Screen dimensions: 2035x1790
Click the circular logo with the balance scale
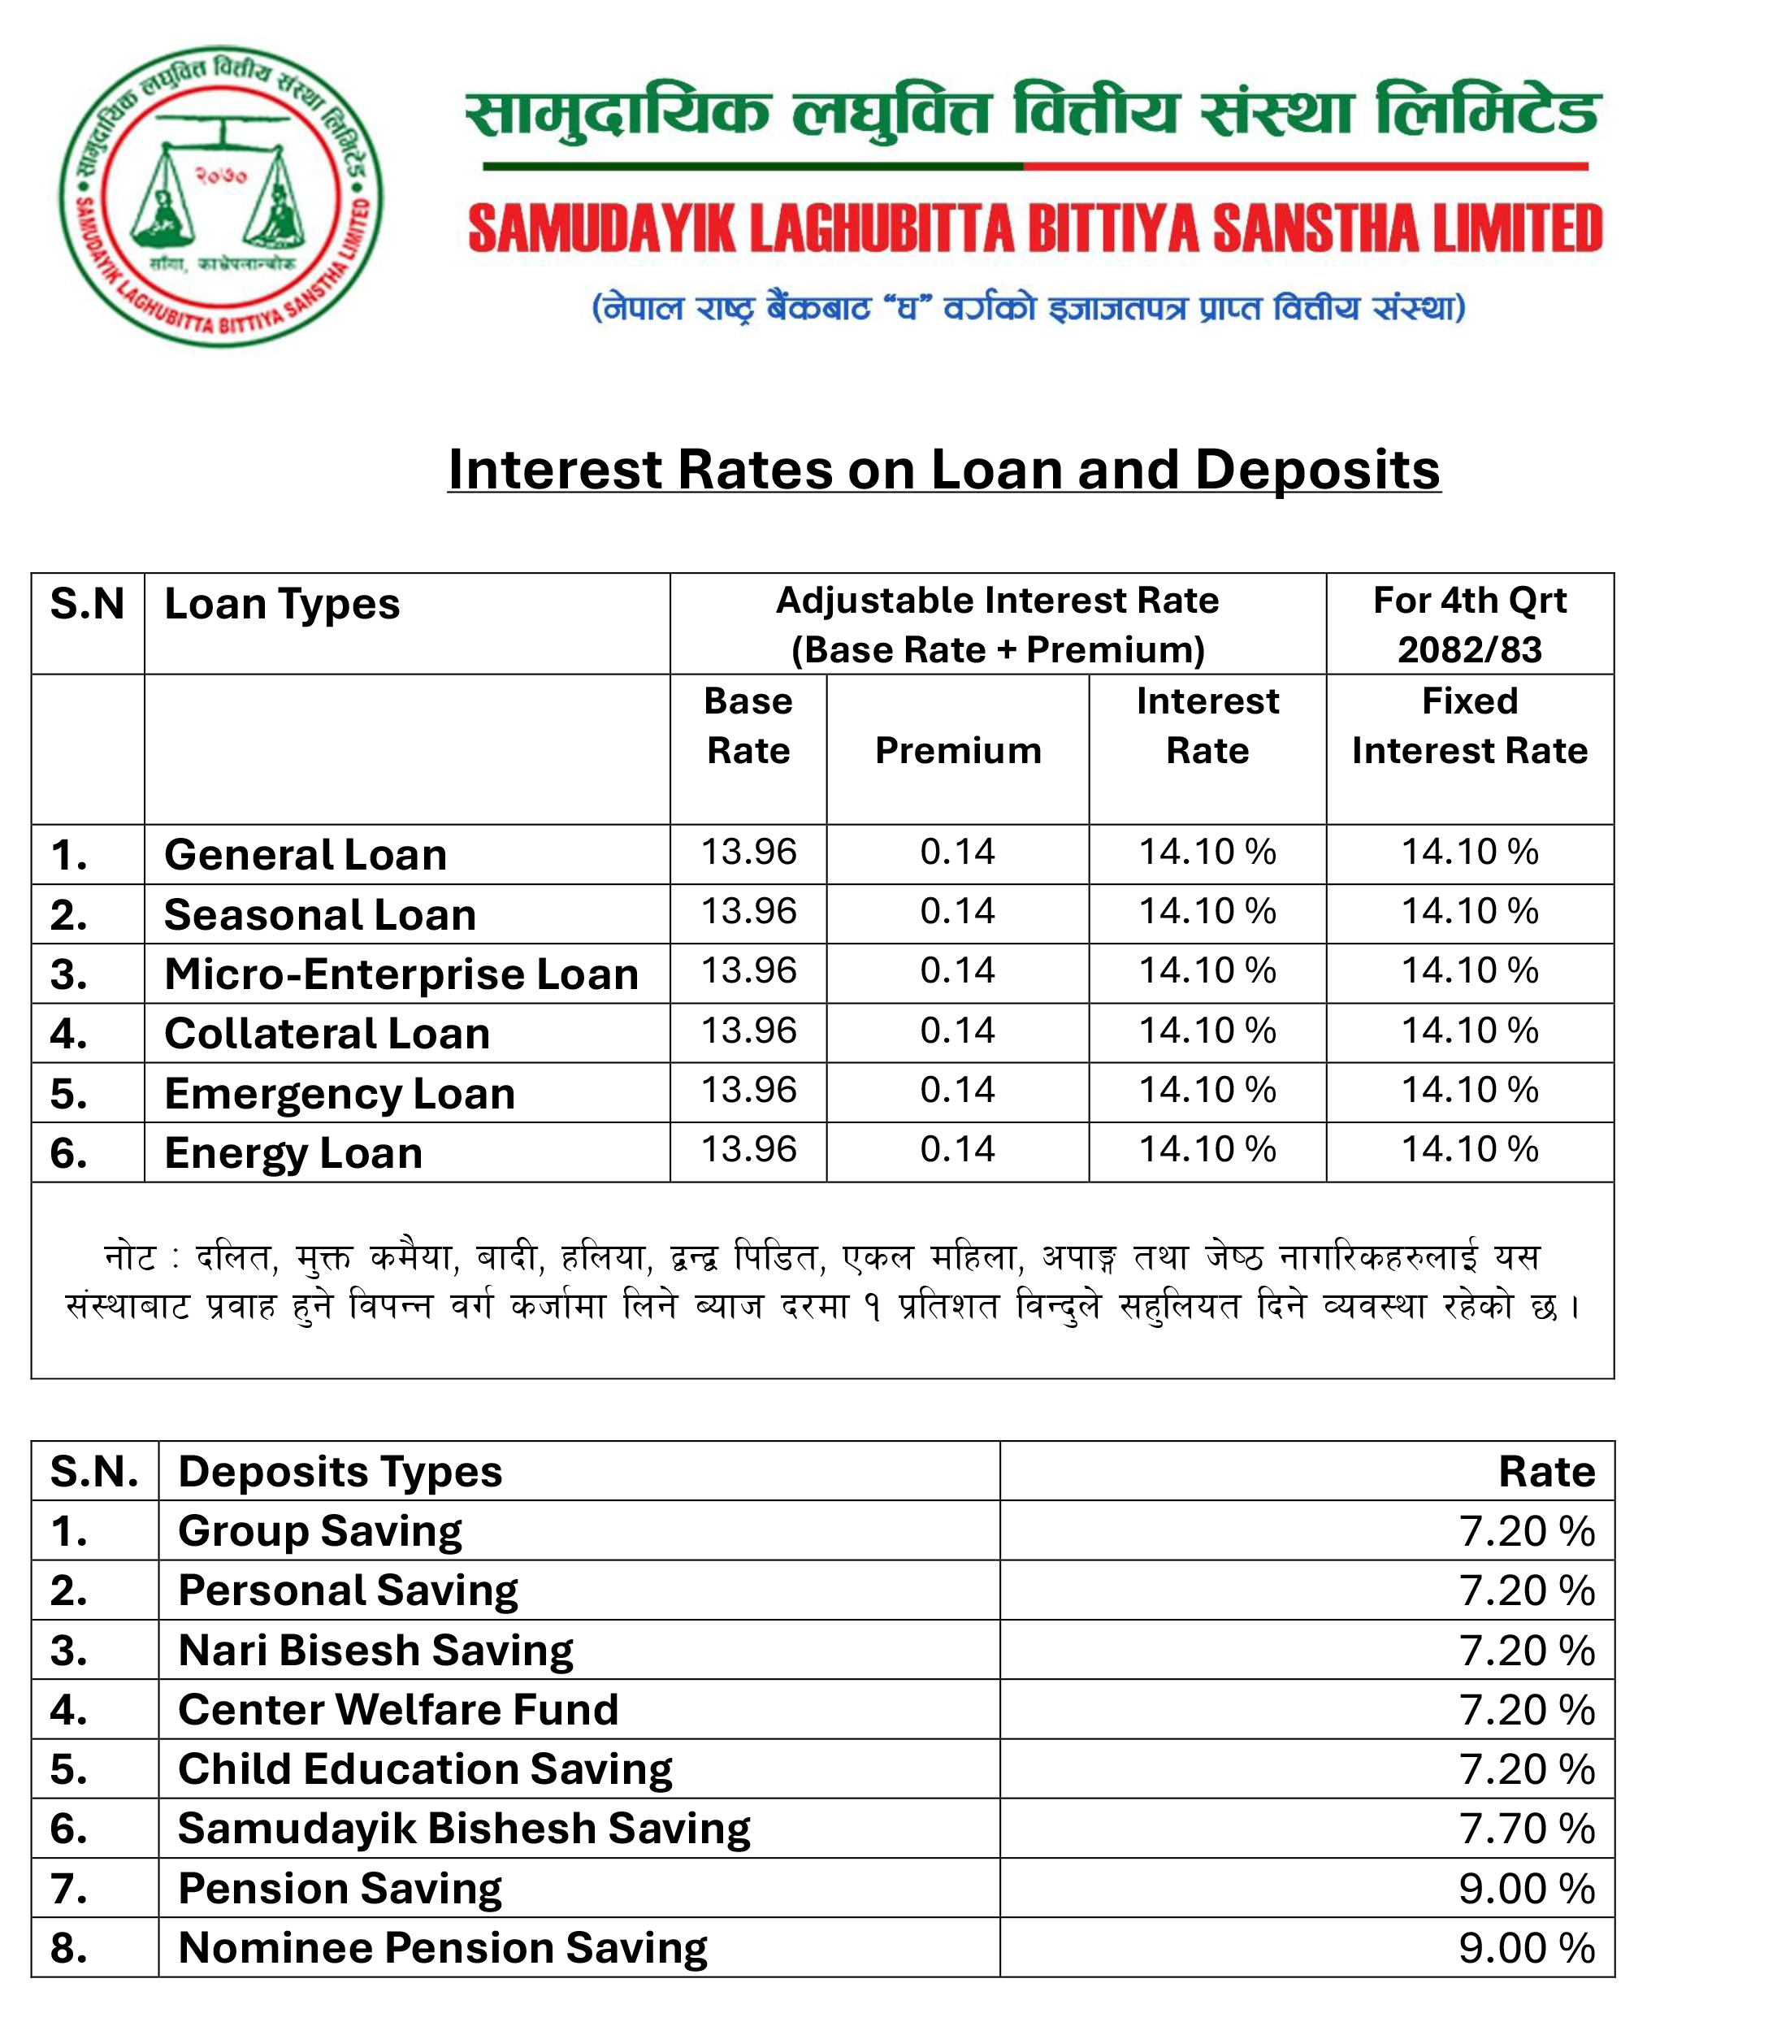[220, 195]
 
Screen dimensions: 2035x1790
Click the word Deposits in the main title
[1316, 469]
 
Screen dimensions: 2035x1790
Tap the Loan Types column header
[282, 605]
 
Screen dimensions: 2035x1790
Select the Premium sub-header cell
[958, 751]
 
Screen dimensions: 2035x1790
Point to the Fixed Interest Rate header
[1468, 726]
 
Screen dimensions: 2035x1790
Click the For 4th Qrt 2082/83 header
[1468, 624]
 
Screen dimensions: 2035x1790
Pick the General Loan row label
[306, 855]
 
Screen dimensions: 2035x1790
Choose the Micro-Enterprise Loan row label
[401, 974]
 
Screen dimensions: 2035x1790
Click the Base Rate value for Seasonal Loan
[748, 911]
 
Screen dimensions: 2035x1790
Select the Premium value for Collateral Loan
[958, 1031]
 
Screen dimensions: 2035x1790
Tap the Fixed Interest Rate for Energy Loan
[1469, 1150]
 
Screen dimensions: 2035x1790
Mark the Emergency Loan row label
[340, 1094]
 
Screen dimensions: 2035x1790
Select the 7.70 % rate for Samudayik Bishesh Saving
[1526, 1829]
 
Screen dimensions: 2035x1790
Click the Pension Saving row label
[340, 1889]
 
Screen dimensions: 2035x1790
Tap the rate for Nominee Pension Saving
[1526, 1948]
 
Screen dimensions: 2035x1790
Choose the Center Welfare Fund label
[398, 1709]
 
